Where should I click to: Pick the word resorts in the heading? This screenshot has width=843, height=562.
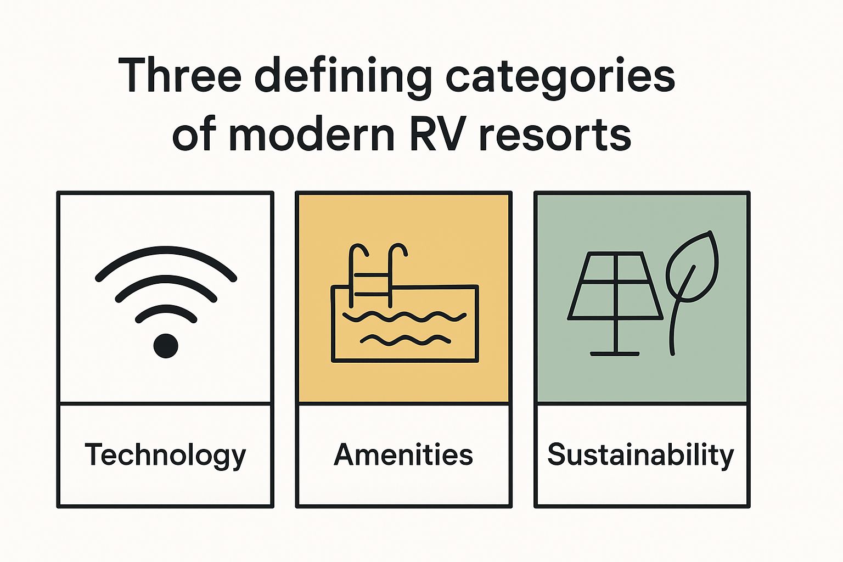[x=554, y=135]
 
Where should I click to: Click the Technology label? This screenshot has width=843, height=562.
[x=165, y=456]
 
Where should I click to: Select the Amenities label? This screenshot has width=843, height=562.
[x=403, y=455]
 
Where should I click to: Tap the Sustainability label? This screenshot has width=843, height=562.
[x=640, y=455]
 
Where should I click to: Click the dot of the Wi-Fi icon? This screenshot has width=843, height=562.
[x=166, y=346]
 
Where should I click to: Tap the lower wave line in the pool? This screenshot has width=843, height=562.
[x=405, y=340]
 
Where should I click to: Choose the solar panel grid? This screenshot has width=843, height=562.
[x=615, y=285]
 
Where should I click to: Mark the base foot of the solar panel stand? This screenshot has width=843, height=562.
[x=615, y=353]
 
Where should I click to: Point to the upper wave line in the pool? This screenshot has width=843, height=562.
[x=404, y=317]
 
